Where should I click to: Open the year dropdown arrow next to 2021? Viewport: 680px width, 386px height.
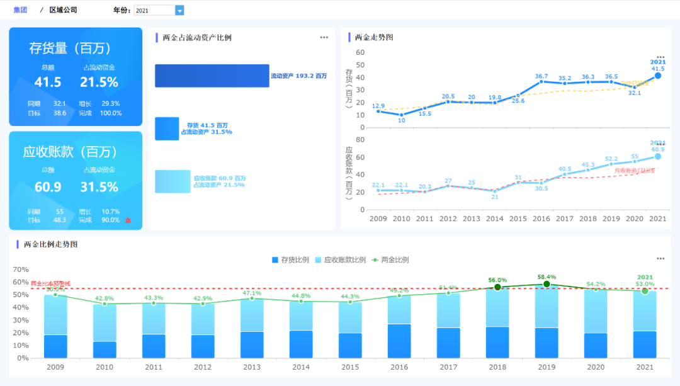pyautogui.click(x=179, y=10)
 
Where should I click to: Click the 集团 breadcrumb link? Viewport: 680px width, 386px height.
pyautogui.click(x=20, y=10)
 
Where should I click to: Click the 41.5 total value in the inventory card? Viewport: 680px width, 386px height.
pyautogui.click(x=48, y=82)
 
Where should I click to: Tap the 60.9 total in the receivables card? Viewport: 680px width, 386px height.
pyautogui.click(x=48, y=187)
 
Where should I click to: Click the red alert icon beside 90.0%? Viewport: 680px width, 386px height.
pyautogui.click(x=128, y=220)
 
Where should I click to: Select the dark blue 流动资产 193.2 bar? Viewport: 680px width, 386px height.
pyautogui.click(x=212, y=76)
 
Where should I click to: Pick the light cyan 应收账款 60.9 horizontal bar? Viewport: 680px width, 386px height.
pyautogui.click(x=173, y=181)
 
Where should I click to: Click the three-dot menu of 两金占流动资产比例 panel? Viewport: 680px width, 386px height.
pyautogui.click(x=324, y=37)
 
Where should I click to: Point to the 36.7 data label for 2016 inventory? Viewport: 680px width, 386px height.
pyautogui.click(x=541, y=76)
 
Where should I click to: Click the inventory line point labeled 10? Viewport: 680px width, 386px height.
pyautogui.click(x=402, y=115)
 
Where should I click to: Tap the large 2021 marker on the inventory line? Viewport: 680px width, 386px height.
pyautogui.click(x=658, y=76)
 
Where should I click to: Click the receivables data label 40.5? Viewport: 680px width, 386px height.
pyautogui.click(x=565, y=169)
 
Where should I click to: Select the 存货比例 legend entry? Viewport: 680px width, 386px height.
pyautogui.click(x=290, y=259)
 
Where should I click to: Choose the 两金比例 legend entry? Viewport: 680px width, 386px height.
pyautogui.click(x=390, y=259)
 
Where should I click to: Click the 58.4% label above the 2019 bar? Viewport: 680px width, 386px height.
pyautogui.click(x=547, y=276)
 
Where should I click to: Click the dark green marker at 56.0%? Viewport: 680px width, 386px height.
pyautogui.click(x=497, y=287)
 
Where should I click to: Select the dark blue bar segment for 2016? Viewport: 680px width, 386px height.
pyautogui.click(x=399, y=341)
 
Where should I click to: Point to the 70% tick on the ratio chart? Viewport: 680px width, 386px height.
pyautogui.click(x=21, y=270)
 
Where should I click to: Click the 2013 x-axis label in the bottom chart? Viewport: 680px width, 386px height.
pyautogui.click(x=252, y=366)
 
